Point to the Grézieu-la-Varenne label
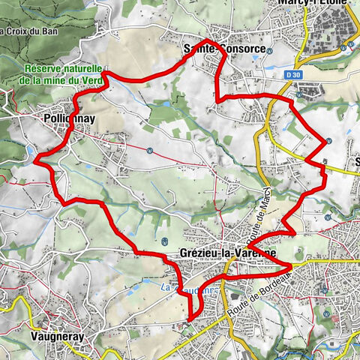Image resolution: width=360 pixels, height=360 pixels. [226, 253]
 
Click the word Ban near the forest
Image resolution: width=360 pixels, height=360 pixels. [43, 31]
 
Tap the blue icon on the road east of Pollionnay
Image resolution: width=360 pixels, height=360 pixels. [150, 148]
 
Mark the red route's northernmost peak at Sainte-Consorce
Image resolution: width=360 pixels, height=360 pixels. [207, 40]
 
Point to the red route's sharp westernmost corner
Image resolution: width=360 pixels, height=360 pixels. [34, 157]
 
